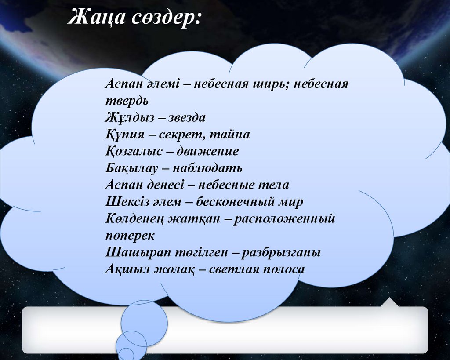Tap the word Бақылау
point(133,168)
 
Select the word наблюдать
point(207,168)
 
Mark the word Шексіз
point(125,202)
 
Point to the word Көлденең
point(134,218)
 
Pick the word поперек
point(130,235)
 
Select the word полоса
point(283,269)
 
